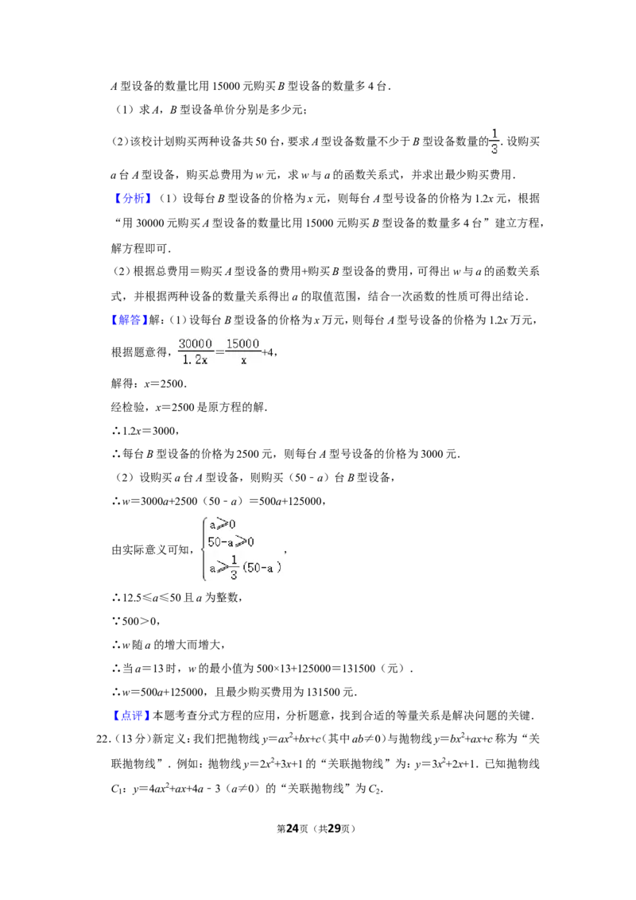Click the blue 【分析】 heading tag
(x=132, y=199)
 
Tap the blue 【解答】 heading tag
(x=130, y=320)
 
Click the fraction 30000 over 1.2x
(x=195, y=351)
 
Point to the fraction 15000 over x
(x=242, y=351)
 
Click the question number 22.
(x=103, y=739)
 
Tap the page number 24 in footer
(x=293, y=828)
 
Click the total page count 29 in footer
(x=334, y=828)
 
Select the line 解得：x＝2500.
(x=149, y=383)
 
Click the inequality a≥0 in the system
(x=222, y=524)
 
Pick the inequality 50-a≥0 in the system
(x=231, y=542)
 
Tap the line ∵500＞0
(x=135, y=621)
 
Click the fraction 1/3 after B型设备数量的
(x=494, y=142)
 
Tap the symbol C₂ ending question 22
(x=374, y=789)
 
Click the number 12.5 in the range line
(x=132, y=598)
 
